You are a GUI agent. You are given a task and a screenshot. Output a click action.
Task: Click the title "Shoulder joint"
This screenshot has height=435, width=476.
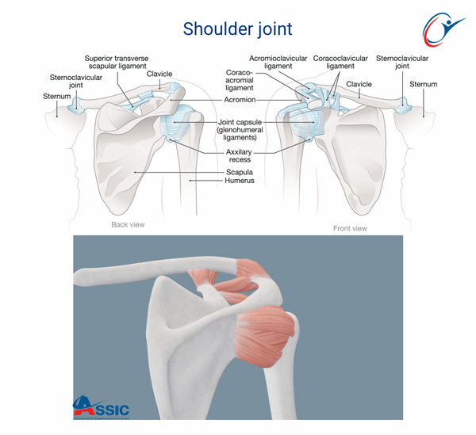(237, 29)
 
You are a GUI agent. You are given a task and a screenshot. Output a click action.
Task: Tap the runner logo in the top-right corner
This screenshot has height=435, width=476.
(443, 29)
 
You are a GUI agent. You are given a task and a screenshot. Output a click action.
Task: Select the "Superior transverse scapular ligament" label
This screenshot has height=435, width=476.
(117, 62)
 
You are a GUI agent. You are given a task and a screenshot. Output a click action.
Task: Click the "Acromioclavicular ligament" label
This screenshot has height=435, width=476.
(278, 62)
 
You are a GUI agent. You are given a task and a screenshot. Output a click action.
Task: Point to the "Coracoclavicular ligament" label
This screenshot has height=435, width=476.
(340, 62)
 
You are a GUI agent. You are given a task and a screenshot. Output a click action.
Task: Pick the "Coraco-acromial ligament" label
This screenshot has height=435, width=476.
(240, 80)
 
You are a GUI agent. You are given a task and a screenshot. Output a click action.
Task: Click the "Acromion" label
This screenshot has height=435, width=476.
(240, 99)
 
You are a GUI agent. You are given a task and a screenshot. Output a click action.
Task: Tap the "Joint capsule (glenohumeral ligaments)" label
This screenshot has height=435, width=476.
(240, 130)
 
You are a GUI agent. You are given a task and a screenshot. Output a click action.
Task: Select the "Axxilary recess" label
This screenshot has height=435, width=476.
(239, 155)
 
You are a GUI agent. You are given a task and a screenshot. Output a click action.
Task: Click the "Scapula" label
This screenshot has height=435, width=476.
(240, 172)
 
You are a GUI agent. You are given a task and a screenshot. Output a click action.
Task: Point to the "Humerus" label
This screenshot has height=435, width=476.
(240, 181)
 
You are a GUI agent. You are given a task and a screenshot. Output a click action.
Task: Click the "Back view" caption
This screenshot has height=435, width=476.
(128, 224)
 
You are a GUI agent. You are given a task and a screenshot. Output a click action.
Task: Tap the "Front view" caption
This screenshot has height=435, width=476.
(350, 228)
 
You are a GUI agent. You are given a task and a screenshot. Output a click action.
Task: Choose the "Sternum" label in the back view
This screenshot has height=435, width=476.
(57, 97)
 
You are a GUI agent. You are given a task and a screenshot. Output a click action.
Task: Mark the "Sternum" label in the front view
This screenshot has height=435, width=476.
(424, 84)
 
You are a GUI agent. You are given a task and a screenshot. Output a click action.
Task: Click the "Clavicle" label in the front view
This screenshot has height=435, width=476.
(359, 84)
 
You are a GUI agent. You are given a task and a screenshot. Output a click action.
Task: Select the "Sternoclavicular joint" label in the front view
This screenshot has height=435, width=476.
(402, 62)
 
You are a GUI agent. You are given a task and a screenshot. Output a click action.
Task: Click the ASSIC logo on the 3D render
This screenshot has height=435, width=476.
(101, 406)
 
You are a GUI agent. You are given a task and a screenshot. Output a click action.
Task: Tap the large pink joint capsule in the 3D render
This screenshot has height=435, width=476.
(263, 335)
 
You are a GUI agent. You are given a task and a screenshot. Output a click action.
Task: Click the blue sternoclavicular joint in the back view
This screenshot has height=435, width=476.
(75, 106)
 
